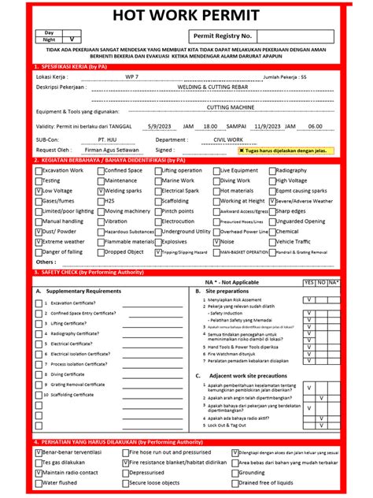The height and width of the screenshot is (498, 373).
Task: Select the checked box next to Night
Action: [72, 39]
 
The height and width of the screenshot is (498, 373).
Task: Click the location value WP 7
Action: [131, 77]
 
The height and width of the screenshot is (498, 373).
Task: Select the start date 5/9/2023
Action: [157, 124]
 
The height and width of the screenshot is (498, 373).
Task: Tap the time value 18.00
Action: [210, 124]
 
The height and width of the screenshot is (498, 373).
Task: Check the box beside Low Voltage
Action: [39, 191]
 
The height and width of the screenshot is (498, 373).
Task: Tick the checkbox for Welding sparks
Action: [100, 191]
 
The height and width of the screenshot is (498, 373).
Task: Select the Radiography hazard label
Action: [292, 170]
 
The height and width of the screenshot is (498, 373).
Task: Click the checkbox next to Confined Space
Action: [100, 170]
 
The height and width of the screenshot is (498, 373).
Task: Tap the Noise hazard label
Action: [229, 242]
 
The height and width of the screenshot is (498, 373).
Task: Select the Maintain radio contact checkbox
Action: [39, 472]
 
